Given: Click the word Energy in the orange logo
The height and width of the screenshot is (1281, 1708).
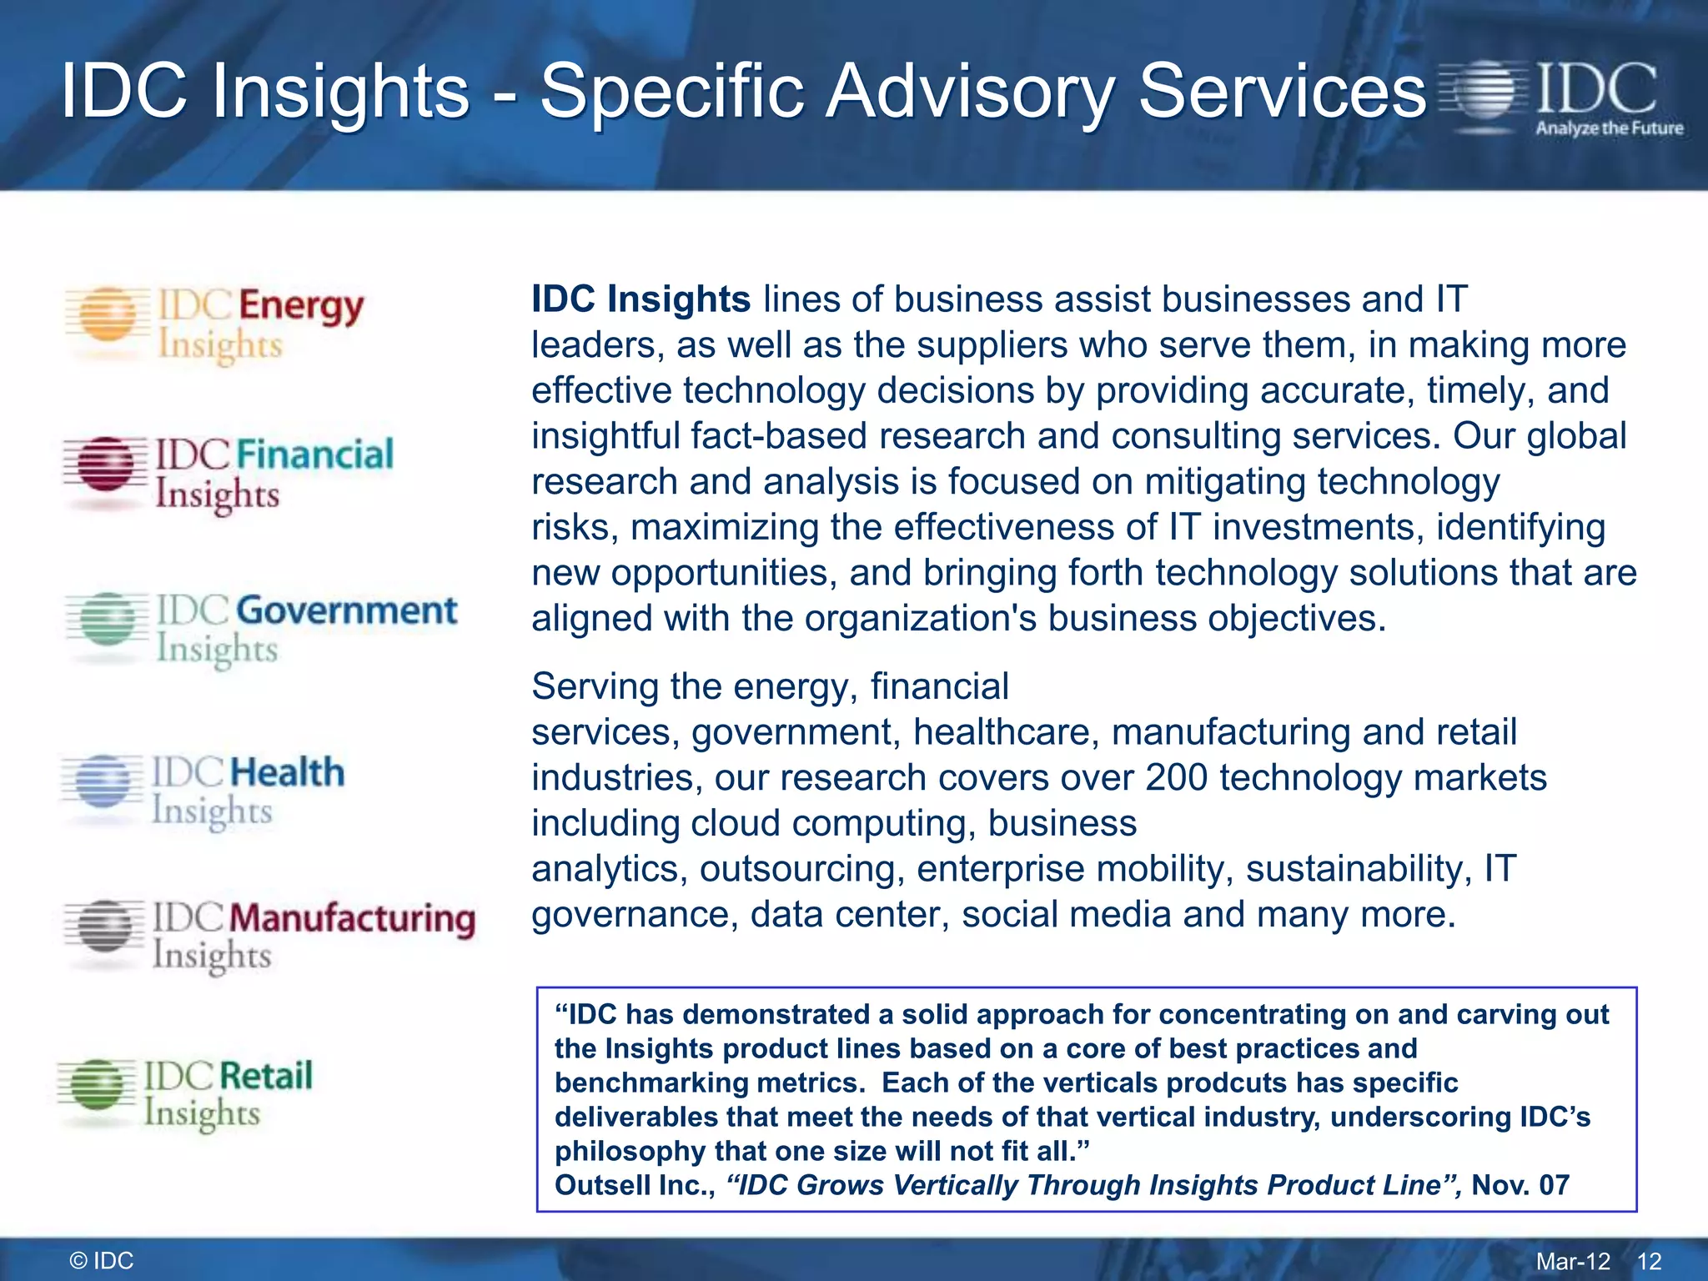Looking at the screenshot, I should click(301, 307).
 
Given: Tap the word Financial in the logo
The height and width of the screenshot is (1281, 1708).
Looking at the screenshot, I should click(314, 455).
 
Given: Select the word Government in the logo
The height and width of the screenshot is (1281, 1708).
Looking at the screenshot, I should click(346, 611).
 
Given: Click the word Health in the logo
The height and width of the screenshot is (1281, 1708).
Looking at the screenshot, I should click(286, 772).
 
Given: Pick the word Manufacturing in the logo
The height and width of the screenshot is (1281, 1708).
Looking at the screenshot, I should click(351, 918).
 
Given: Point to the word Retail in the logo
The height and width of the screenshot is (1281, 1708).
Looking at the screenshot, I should click(265, 1076).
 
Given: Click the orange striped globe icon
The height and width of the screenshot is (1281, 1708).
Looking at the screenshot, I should click(107, 315).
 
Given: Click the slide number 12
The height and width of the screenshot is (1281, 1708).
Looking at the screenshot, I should click(1649, 1261).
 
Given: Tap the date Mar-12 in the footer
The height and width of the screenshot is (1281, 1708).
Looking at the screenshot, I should click(1573, 1261).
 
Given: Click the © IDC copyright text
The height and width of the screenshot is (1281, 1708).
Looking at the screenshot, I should click(102, 1260).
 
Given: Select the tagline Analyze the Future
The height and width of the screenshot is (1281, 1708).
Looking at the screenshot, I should click(1609, 128).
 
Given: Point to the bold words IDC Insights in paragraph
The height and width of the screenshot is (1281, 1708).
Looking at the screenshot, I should click(640, 299).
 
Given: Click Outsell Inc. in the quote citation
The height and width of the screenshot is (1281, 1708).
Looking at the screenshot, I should click(635, 1184).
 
